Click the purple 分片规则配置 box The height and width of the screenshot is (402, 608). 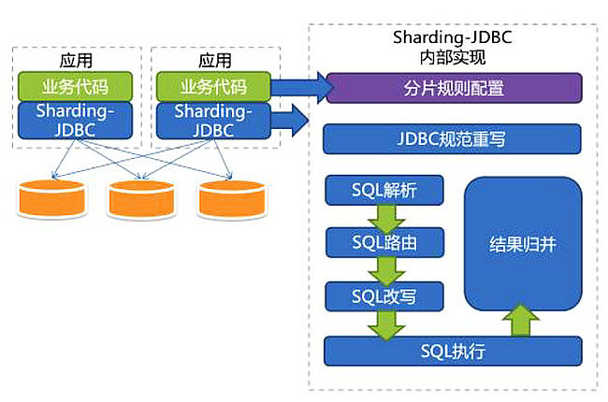454,88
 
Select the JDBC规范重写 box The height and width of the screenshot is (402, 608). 452,138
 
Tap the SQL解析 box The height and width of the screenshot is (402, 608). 384,190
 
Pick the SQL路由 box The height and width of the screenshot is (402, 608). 384,243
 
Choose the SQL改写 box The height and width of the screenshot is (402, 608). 384,296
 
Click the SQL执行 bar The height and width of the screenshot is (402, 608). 453,352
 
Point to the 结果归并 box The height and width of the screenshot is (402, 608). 523,243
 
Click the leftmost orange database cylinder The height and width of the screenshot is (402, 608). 52,199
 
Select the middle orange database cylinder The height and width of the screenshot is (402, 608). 141,199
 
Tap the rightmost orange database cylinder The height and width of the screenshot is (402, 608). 232,199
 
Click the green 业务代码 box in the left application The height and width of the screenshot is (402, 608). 75,86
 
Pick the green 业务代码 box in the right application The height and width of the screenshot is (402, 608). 213,86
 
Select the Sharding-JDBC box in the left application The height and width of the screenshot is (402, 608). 75,121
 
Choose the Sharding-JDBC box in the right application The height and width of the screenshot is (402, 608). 213,121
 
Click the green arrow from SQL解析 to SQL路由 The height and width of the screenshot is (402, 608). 386,219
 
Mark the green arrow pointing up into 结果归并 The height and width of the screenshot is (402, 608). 521,320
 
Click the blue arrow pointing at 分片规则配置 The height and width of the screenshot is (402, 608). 302,88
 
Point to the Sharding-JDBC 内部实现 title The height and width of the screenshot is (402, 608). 453,48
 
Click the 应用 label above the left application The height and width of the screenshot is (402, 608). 76,61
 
